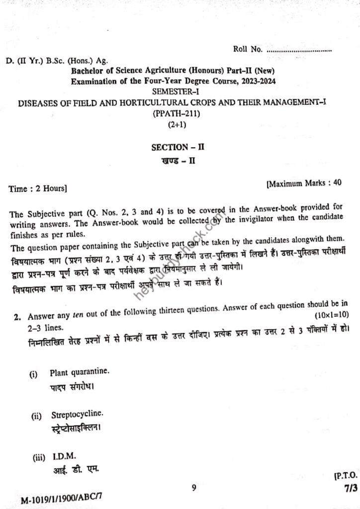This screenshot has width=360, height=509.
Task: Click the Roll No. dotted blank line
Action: click(x=299, y=50)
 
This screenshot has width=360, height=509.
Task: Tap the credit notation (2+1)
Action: click(x=178, y=125)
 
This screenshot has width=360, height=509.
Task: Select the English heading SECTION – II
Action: click(x=178, y=147)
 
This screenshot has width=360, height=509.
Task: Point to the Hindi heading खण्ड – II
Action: click(x=178, y=161)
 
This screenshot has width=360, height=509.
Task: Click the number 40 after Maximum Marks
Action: click(x=337, y=182)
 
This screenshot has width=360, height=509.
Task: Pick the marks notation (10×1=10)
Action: click(x=331, y=315)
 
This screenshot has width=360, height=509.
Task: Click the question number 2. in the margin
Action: click(x=17, y=316)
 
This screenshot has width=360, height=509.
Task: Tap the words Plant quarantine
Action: click(x=80, y=372)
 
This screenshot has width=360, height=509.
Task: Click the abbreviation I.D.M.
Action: click(x=64, y=457)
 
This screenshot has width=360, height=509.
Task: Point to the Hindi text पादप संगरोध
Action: click(x=72, y=386)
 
